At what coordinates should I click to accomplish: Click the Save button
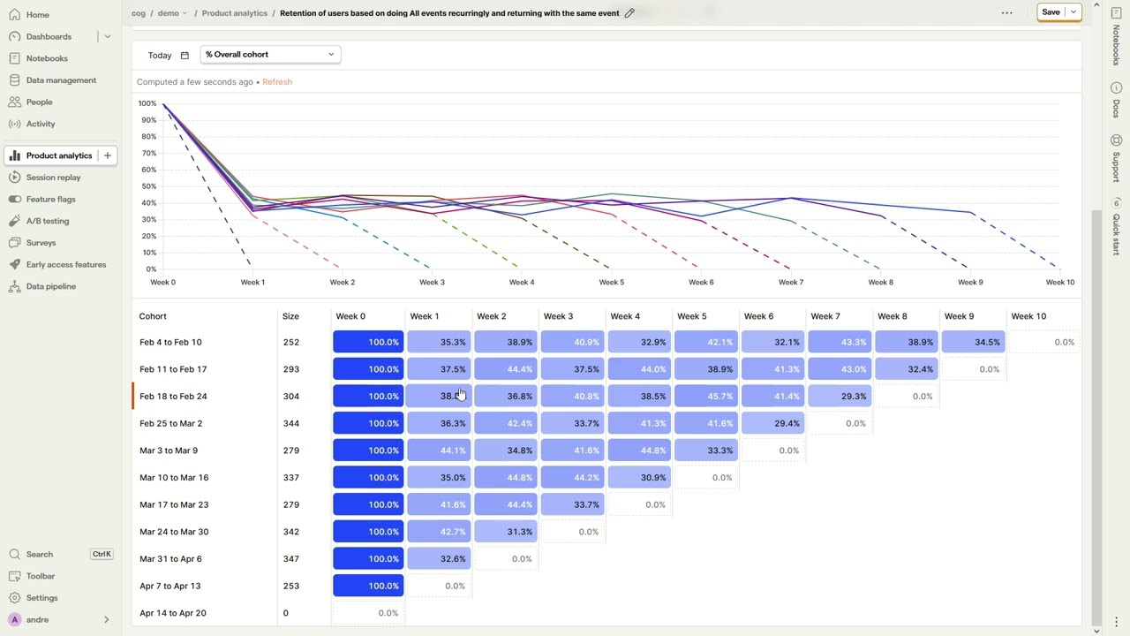(1051, 12)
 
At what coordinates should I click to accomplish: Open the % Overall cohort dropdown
(269, 55)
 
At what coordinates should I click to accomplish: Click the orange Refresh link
(277, 82)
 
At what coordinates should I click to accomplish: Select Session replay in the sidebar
(53, 178)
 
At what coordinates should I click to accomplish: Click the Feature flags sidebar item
(50, 200)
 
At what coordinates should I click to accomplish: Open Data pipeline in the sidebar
(50, 286)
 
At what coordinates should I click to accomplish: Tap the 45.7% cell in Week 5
(706, 397)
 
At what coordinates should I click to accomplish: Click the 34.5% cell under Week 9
(973, 342)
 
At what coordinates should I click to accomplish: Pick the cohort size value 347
(290, 559)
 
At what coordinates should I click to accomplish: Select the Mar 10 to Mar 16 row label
(174, 478)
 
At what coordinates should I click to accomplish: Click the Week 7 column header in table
(825, 316)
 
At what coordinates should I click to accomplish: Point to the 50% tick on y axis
(147, 186)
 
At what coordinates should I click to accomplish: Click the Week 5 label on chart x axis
(611, 283)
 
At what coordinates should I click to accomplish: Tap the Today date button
(168, 56)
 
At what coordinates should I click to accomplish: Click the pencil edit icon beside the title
(629, 13)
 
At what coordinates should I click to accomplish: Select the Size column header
(290, 316)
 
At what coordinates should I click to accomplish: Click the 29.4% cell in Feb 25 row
(773, 423)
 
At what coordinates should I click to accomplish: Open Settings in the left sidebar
(41, 598)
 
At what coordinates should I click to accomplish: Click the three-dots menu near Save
(1006, 13)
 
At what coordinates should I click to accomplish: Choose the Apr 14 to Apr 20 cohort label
(172, 613)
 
